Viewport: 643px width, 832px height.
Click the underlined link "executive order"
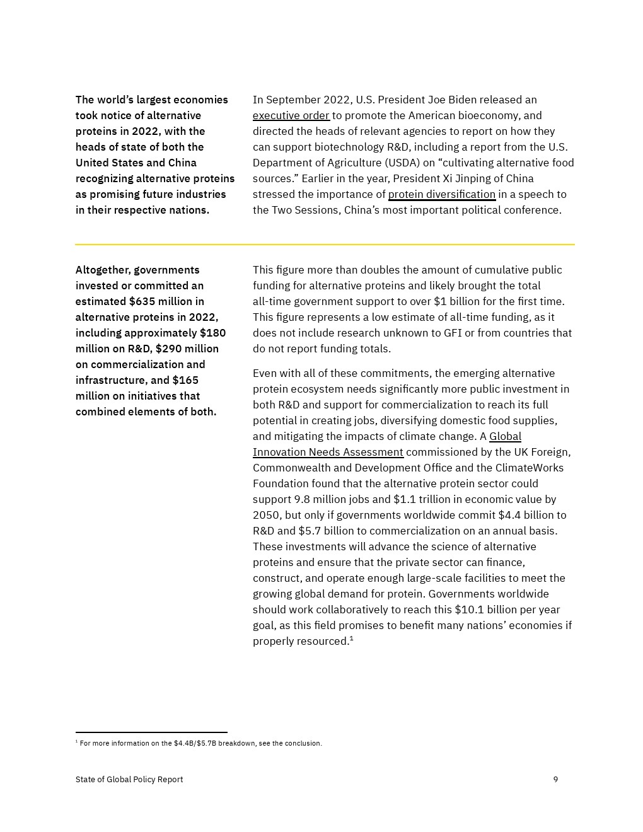(x=291, y=115)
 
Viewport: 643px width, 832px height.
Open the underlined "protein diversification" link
(x=441, y=194)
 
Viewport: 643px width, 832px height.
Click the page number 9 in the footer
(x=555, y=780)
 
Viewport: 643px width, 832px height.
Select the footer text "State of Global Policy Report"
(x=129, y=780)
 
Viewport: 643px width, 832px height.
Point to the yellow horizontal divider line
(x=325, y=244)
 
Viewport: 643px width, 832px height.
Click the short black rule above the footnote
(x=151, y=732)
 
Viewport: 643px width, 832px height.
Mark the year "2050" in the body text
(x=265, y=515)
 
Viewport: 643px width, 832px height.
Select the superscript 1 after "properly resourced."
(x=351, y=638)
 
